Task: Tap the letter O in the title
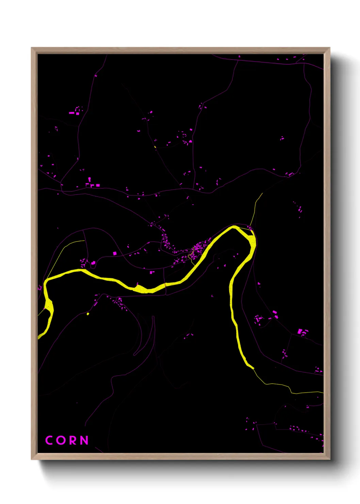[61, 440]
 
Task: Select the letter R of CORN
[73, 440]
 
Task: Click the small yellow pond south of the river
[88, 314]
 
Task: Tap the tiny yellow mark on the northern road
[155, 147]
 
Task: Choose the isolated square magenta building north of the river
[115, 253]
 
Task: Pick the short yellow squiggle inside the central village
[191, 257]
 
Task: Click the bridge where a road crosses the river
[165, 285]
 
